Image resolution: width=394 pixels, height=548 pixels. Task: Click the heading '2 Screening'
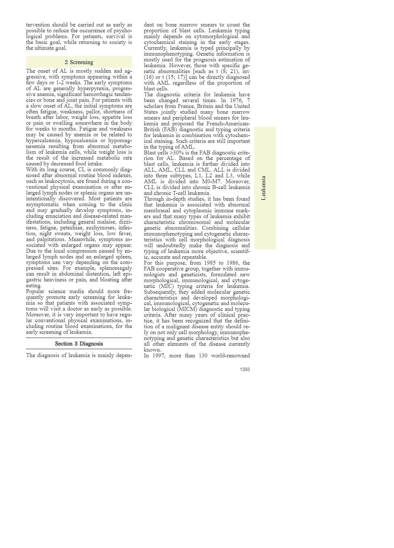click(79, 62)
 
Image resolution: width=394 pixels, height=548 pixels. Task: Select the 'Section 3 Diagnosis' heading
click(79, 343)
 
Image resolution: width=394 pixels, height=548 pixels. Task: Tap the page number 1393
click(245, 369)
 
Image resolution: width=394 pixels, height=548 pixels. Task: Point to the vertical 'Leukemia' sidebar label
click(264, 188)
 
